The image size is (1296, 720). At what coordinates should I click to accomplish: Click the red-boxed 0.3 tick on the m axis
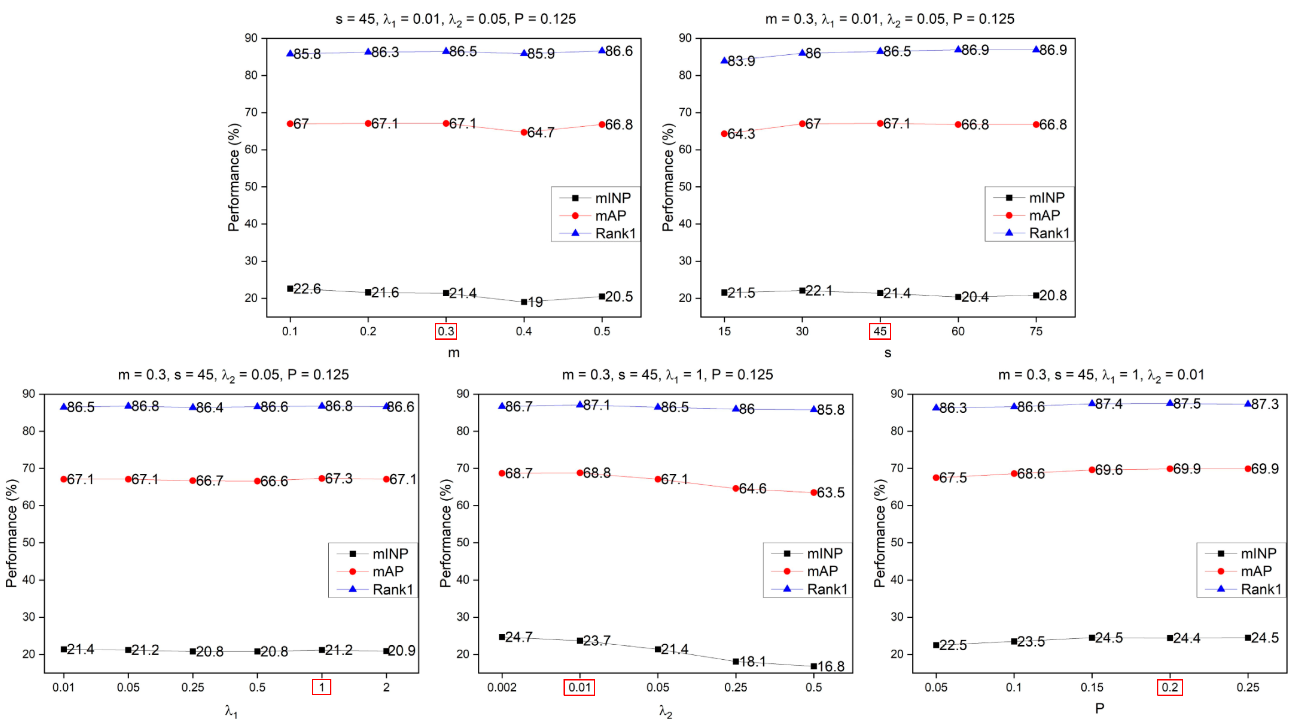445,331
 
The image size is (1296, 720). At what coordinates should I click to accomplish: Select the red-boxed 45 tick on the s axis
879,331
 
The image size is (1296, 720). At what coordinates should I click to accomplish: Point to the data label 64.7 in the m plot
540,133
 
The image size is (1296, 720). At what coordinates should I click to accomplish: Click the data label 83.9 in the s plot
741,61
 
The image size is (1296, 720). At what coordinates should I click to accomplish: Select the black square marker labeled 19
524,302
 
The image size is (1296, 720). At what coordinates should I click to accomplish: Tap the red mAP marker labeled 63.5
814,493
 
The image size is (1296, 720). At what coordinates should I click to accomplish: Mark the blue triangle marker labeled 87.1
580,405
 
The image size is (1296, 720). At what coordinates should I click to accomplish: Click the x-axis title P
1100,708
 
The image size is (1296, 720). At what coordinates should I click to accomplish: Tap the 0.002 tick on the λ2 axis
502,687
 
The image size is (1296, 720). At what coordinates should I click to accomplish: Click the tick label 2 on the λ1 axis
386,687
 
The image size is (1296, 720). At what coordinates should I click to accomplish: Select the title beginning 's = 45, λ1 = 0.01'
455,19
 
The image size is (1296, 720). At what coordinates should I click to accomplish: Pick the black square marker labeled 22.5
936,645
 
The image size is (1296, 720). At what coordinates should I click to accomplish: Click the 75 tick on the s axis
1036,331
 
